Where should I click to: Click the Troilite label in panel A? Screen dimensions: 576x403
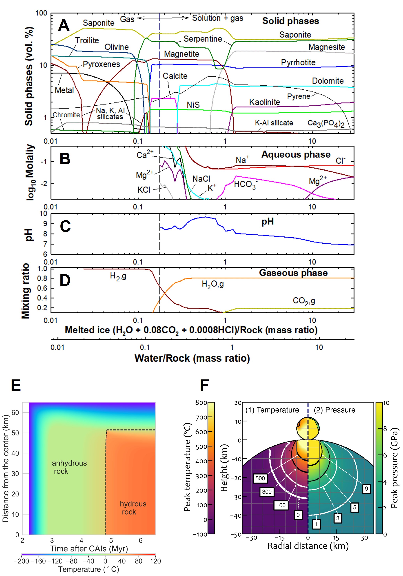click(87, 40)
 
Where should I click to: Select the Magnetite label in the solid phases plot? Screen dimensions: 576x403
click(182, 54)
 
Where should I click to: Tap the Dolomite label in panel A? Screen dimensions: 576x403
click(328, 81)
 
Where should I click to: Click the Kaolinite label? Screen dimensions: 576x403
click(264, 102)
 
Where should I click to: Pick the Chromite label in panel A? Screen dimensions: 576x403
click(66, 115)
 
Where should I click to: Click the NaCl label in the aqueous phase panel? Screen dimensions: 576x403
click(201, 179)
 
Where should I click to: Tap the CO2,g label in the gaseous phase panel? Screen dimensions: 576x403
click(304, 301)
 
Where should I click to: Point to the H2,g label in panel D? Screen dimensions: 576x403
click(118, 276)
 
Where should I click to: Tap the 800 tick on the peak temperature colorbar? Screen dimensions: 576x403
click(201, 403)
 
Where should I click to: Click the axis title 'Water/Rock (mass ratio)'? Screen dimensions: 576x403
click(192, 358)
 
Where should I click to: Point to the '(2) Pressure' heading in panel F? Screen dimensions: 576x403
click(334, 410)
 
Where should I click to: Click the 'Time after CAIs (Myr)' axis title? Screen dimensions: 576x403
click(89, 549)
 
